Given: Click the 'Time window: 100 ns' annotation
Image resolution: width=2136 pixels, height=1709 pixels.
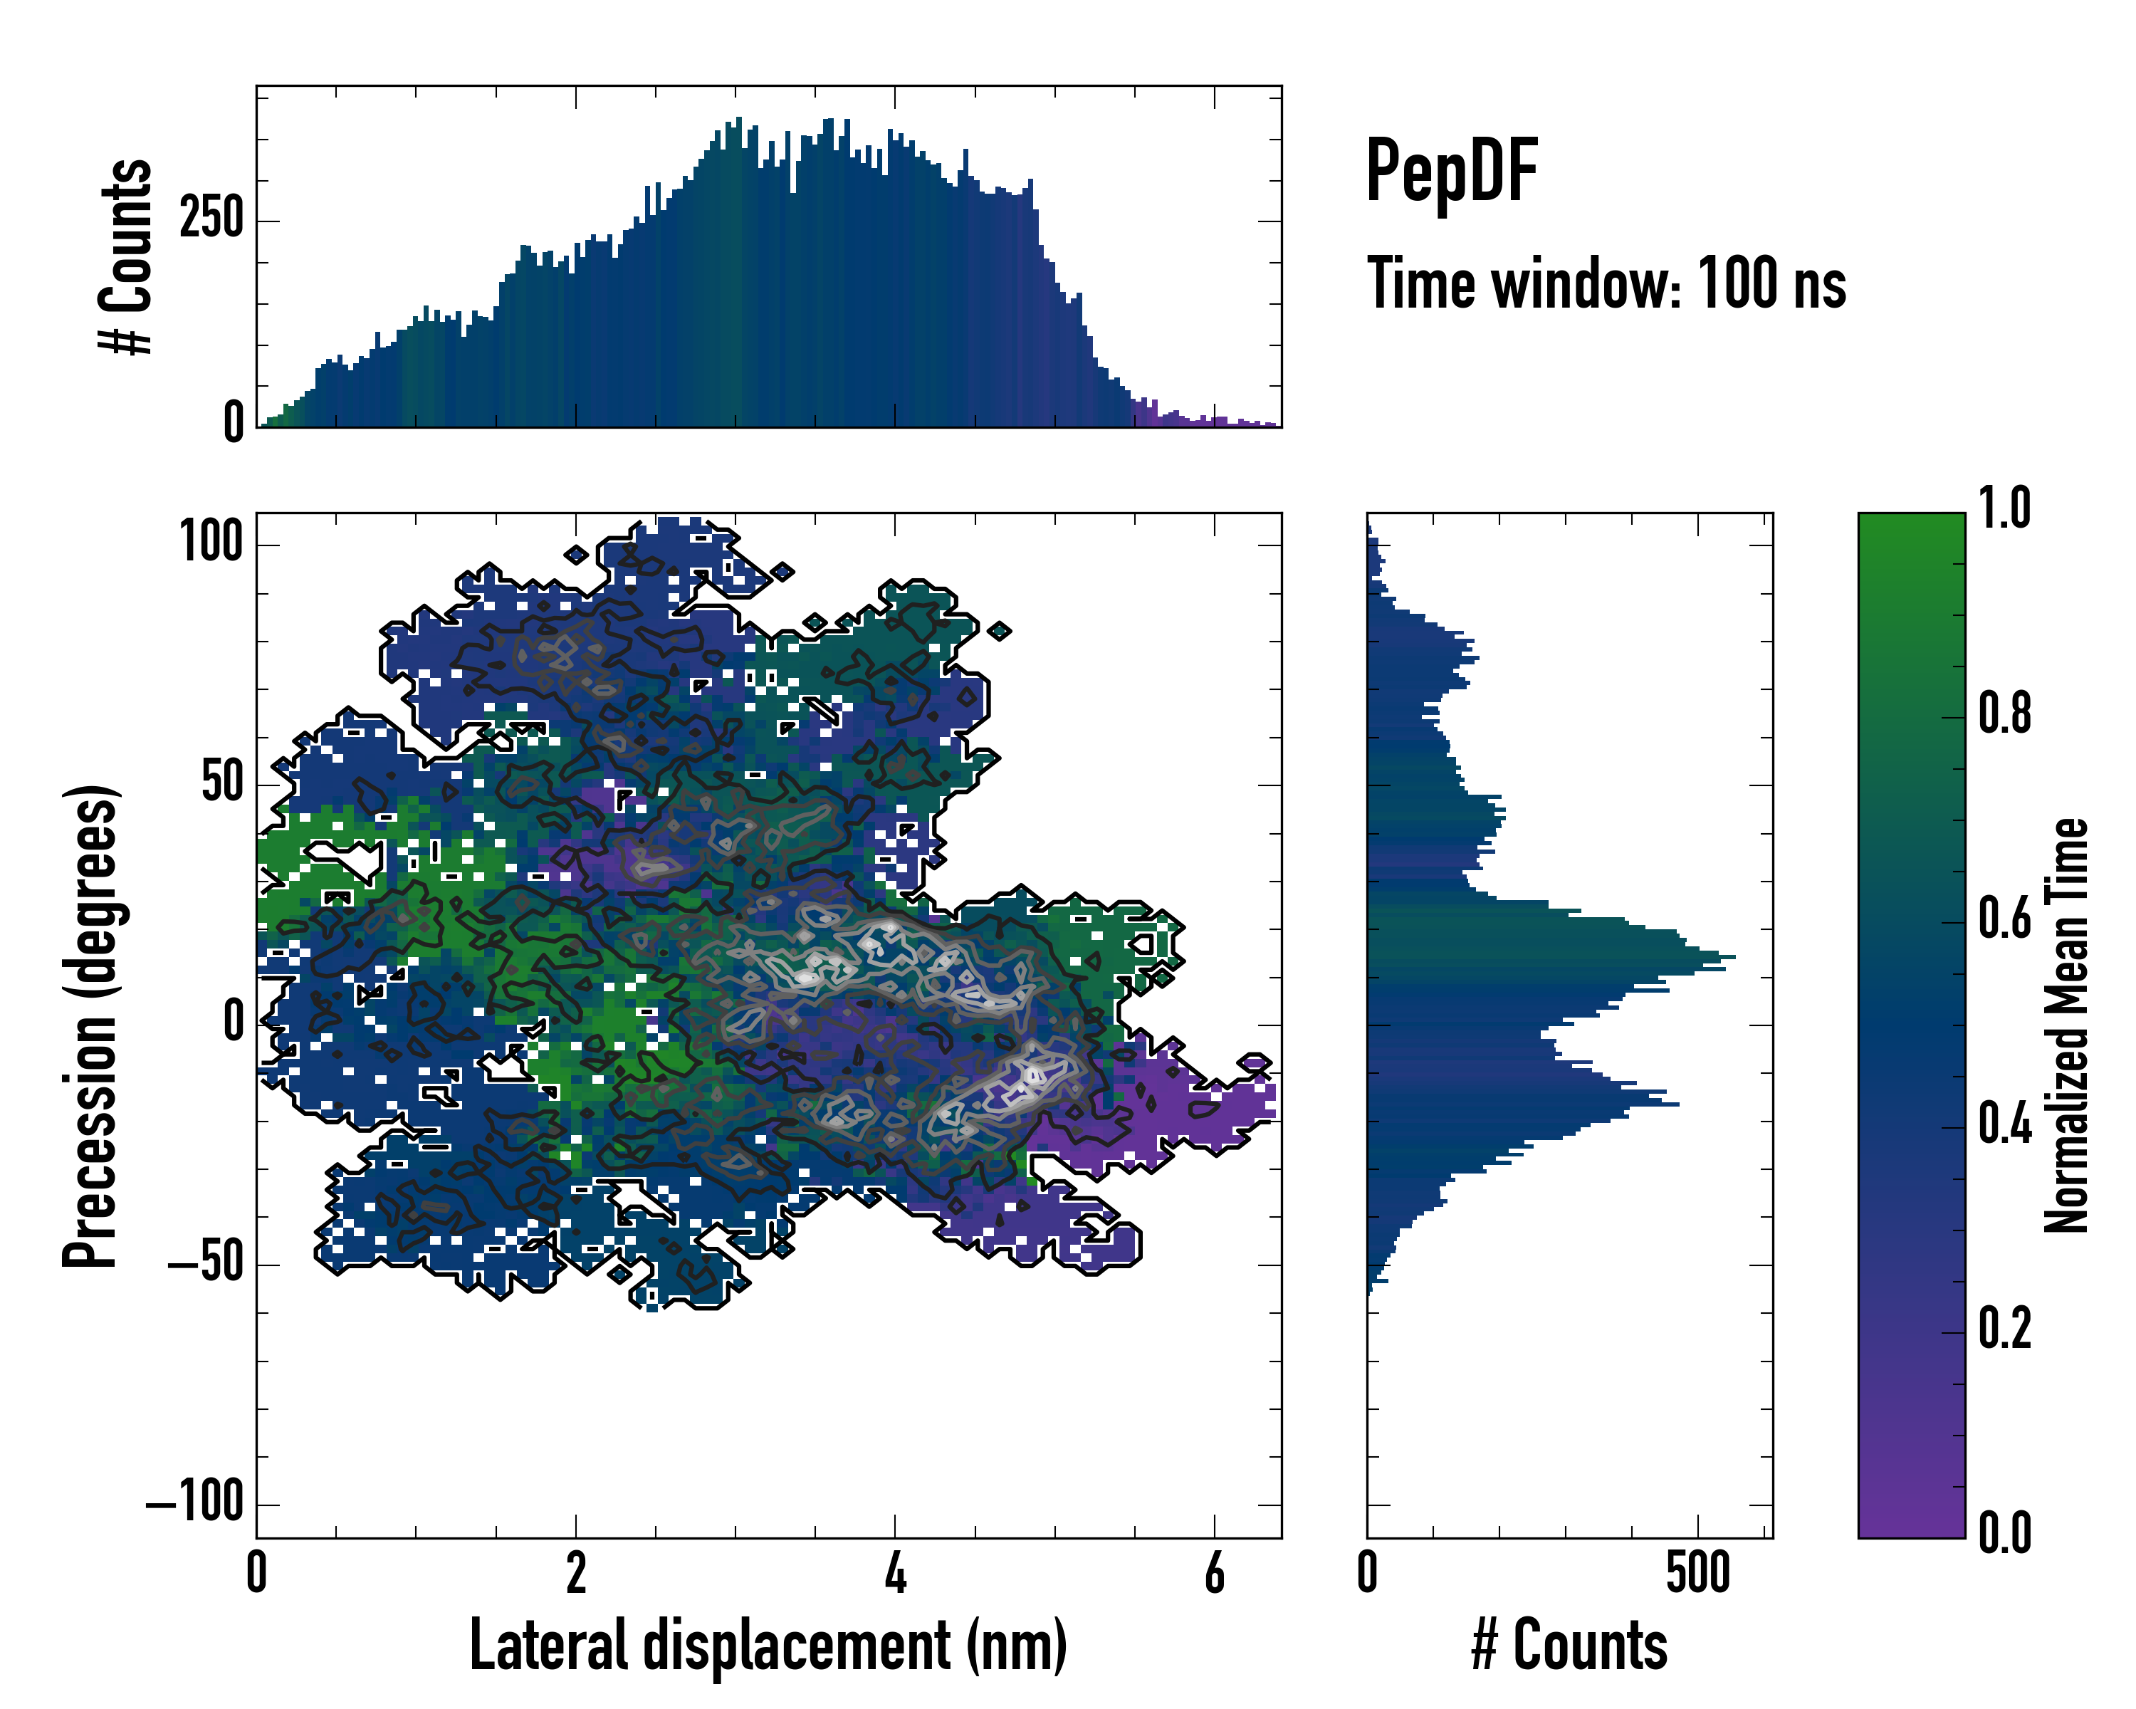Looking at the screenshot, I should click(1606, 283).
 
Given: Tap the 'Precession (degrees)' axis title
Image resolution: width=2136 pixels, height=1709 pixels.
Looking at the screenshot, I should click(91, 1025).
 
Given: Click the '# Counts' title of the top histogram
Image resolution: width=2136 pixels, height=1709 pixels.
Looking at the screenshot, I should click(126, 256).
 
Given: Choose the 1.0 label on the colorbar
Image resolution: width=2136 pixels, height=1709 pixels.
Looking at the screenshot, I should click(2004, 508).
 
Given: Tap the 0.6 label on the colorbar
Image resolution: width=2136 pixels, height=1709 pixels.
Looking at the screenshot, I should click(2004, 919).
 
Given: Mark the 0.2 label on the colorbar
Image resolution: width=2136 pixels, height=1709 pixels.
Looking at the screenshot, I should click(2004, 1329).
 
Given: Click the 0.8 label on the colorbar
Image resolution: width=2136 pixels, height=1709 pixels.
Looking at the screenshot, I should click(2004, 714).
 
